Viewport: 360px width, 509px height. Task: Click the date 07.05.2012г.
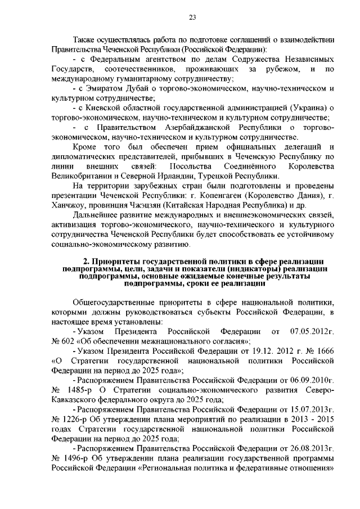pos(312,331)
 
